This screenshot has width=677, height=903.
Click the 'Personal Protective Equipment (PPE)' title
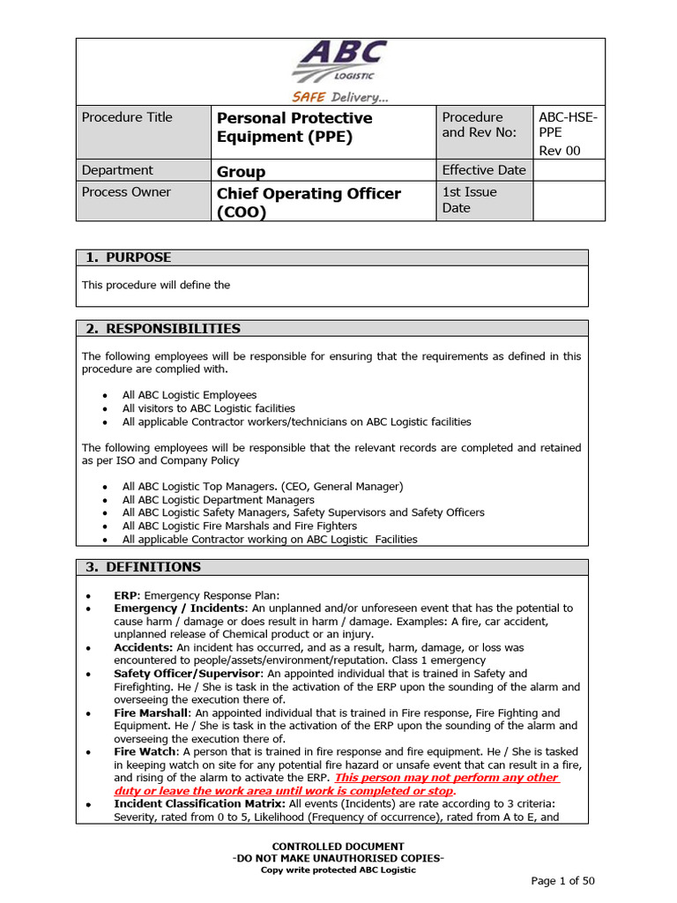(x=294, y=127)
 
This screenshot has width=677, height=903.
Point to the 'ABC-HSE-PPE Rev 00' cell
(x=568, y=133)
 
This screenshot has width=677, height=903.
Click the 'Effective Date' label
(x=484, y=170)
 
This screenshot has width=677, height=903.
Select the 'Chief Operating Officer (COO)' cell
(x=309, y=202)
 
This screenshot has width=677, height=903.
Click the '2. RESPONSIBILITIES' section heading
(x=163, y=329)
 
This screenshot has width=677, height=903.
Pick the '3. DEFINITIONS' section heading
(x=143, y=567)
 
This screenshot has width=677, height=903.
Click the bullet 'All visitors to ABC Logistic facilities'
(x=208, y=408)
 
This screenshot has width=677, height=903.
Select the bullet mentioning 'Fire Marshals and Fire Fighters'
(x=239, y=526)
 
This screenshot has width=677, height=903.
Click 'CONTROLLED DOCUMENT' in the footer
(x=338, y=847)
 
